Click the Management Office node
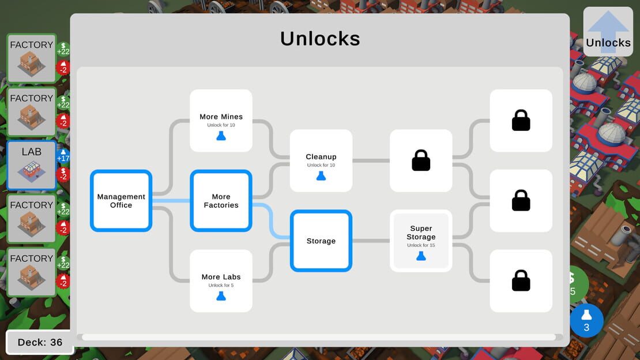point(121,201)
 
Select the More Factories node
point(221,201)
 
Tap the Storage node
point(321,241)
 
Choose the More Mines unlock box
point(221,121)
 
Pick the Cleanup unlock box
point(321,160)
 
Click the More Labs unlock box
point(221,281)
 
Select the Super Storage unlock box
point(421,241)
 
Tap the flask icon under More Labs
point(221,296)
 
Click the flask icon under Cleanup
point(321,176)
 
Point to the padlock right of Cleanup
point(421,160)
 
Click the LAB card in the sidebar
point(32,166)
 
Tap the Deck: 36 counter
point(40,342)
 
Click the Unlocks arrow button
point(608,32)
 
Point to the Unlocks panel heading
point(320,39)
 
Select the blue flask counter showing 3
point(586,320)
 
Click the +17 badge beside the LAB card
point(63,156)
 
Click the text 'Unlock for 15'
point(421,245)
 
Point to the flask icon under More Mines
point(221,136)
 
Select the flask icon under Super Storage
point(421,256)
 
